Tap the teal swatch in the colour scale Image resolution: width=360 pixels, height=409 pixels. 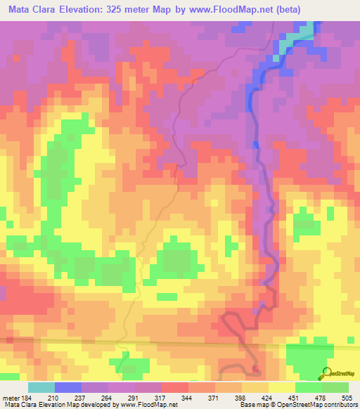tap(41, 388)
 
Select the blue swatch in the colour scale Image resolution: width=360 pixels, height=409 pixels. tap(67, 388)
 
